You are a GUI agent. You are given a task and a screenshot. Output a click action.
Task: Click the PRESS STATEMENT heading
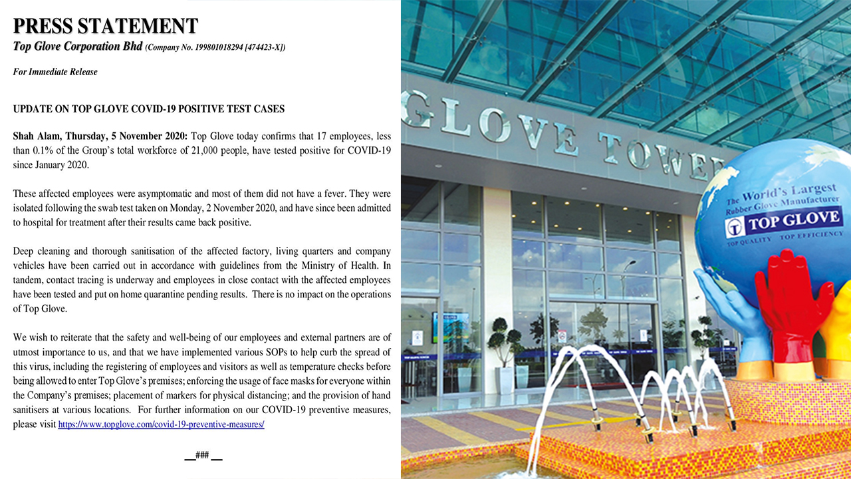tap(105, 26)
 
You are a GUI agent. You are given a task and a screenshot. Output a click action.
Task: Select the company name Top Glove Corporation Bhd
tap(78, 47)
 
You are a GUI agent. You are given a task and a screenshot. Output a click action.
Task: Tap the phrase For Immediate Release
tap(55, 72)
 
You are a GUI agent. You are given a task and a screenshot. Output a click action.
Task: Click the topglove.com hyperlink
tap(161, 424)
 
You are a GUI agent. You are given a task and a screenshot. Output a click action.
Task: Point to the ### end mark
tap(203, 456)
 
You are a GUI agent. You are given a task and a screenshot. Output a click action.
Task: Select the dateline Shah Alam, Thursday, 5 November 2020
tap(100, 136)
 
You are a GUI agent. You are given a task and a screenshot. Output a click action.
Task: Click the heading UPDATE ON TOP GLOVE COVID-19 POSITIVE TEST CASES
tap(149, 108)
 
